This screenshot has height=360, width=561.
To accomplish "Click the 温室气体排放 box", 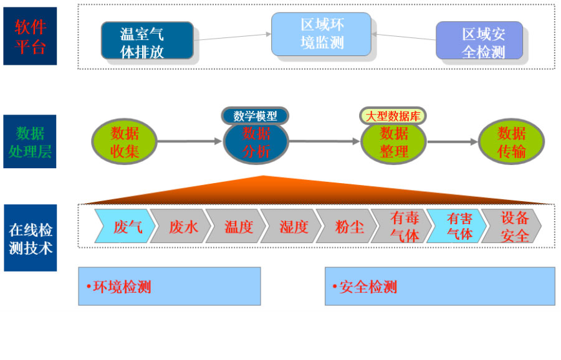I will [x=147, y=41].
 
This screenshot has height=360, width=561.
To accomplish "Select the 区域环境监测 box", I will [x=322, y=34].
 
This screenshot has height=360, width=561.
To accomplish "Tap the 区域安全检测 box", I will [x=479, y=42].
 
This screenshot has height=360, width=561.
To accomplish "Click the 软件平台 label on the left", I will [x=30, y=36].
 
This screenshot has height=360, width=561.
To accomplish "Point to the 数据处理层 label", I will [x=30, y=141].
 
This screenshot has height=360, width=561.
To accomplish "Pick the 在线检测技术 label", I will [x=30, y=238].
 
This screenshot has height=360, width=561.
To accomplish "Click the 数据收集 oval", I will [x=124, y=142].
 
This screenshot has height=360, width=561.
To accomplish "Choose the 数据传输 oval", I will [x=511, y=142].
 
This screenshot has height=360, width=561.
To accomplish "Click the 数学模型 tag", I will [x=255, y=115].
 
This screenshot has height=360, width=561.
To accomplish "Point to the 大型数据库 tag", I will [x=393, y=115].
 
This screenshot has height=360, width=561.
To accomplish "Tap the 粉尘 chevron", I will [x=348, y=226].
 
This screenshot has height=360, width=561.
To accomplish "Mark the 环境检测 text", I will [x=122, y=287].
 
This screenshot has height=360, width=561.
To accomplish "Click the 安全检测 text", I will [x=368, y=287].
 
